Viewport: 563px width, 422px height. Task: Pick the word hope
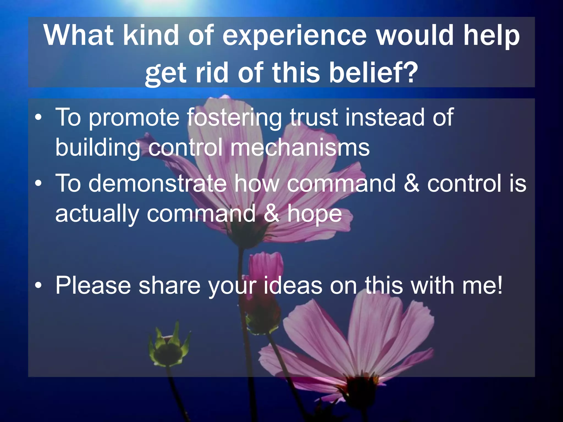pyautogui.click(x=314, y=214)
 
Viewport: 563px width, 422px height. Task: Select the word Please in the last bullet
pyautogui.click(x=93, y=286)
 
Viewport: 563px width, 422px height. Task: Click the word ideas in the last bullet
pyautogui.click(x=293, y=286)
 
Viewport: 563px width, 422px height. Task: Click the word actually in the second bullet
pyautogui.click(x=97, y=214)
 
